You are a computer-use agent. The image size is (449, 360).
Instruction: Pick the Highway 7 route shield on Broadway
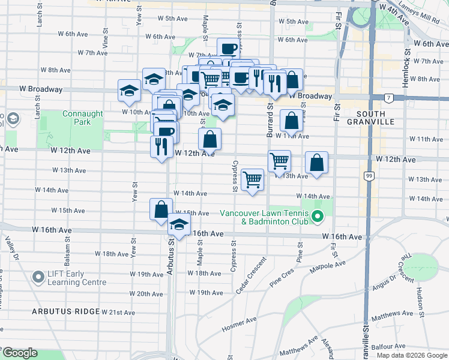(x=390, y=97)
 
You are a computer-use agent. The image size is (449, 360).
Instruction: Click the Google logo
(x=19, y=353)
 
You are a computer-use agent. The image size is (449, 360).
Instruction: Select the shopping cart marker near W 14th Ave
(x=253, y=179)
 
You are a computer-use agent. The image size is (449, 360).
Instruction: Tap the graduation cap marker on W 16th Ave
(x=179, y=225)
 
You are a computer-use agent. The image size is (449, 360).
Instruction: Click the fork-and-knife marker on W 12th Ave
(x=161, y=146)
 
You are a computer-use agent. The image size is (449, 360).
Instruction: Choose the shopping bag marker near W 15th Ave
(x=160, y=209)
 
